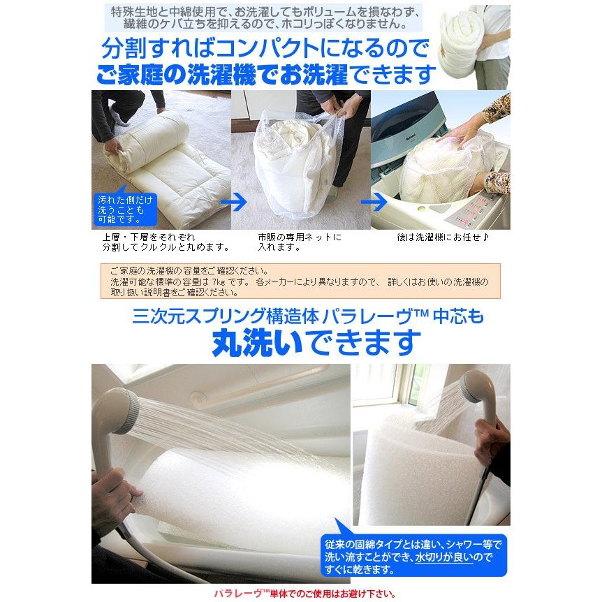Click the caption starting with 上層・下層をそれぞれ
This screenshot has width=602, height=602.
(161, 242)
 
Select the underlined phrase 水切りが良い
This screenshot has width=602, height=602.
(447, 557)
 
